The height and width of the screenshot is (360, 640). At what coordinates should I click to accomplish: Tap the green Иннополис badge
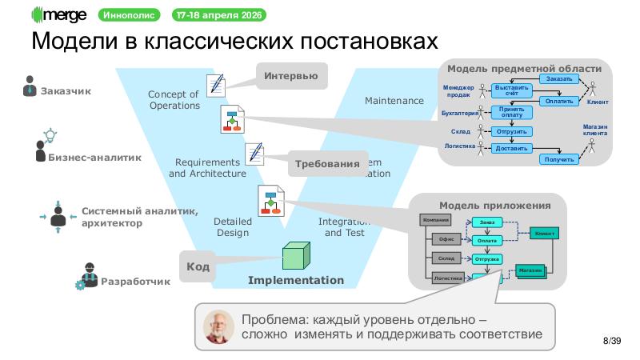[x=130, y=14]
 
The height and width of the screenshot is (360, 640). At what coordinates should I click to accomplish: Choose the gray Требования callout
[x=326, y=164]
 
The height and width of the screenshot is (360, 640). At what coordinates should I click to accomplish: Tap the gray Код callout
[x=197, y=266]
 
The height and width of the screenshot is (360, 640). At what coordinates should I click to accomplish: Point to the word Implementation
[x=295, y=280]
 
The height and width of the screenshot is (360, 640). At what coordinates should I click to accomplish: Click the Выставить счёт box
[x=511, y=90]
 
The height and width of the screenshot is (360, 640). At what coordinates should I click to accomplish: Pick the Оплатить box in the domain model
[x=557, y=102]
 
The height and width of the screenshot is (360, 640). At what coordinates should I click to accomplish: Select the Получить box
[x=559, y=159]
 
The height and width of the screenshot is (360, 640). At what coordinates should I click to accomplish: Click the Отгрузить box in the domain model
[x=511, y=130]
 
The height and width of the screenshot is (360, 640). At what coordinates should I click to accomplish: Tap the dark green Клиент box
[x=545, y=233]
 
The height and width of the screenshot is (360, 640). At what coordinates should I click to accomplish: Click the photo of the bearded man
[x=217, y=326]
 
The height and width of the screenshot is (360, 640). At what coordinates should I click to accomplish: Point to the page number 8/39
[x=612, y=342]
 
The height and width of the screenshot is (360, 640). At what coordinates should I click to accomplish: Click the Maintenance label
[x=394, y=102]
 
